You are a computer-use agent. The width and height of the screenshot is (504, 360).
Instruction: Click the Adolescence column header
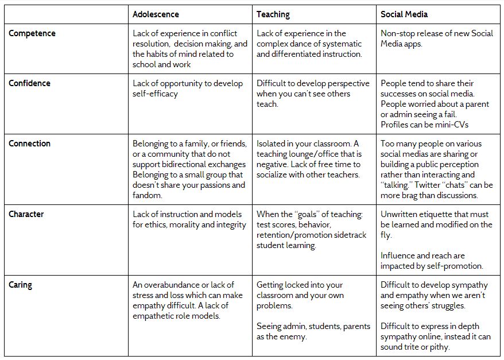pyautogui.click(x=156, y=14)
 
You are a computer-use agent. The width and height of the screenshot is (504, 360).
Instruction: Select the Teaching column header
pyautogui.click(x=273, y=14)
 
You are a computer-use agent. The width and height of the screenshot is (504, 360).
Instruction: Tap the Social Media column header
pyautogui.click(x=404, y=14)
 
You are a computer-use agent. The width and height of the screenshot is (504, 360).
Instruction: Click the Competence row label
pyautogui.click(x=32, y=33)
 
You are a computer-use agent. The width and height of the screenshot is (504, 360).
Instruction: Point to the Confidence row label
pyautogui.click(x=29, y=83)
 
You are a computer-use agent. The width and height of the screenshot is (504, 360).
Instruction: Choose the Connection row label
pyautogui.click(x=30, y=144)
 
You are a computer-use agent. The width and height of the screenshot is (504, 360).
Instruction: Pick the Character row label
pyautogui.click(x=26, y=214)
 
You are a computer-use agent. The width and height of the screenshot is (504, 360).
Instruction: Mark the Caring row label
pyautogui.click(x=21, y=285)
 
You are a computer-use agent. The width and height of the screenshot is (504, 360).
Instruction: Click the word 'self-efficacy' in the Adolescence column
pyautogui.click(x=155, y=94)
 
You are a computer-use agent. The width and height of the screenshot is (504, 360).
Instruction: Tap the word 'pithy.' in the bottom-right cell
pyautogui.click(x=438, y=347)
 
